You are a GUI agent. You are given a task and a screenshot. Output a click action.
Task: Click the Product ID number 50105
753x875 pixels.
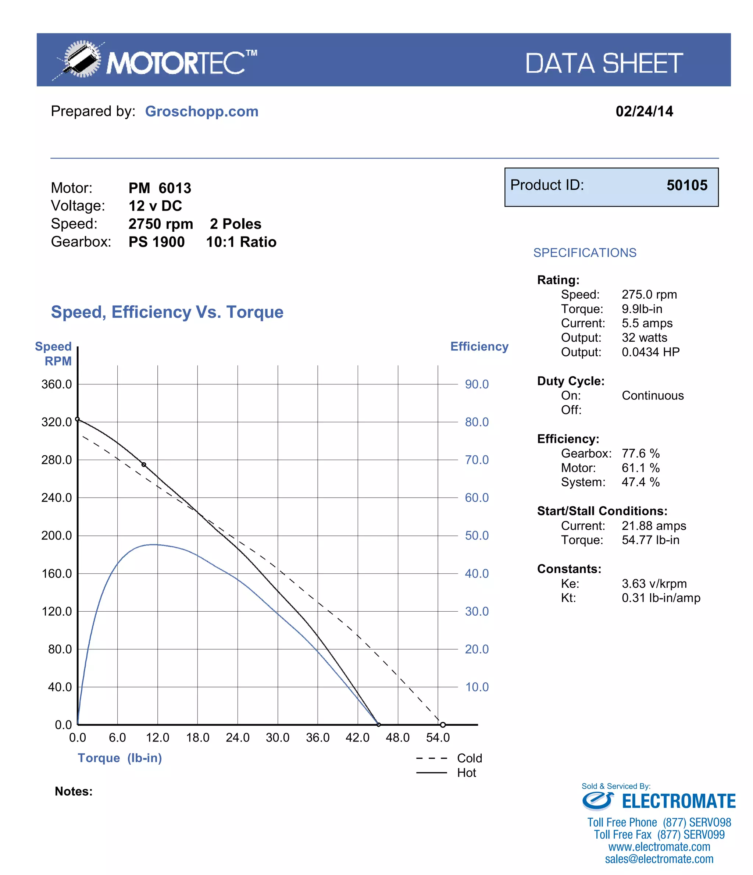686,185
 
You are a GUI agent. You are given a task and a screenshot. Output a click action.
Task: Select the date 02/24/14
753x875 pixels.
644,111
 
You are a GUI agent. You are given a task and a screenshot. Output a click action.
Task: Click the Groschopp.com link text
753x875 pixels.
201,111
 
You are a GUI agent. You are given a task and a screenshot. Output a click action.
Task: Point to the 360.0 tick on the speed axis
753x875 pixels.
57,384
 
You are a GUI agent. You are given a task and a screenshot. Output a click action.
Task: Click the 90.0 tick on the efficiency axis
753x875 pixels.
477,384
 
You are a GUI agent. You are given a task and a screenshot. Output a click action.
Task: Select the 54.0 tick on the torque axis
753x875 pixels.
438,737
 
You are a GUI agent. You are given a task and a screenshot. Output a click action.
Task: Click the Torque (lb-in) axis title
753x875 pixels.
119,758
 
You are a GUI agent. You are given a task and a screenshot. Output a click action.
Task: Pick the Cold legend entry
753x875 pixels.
469,758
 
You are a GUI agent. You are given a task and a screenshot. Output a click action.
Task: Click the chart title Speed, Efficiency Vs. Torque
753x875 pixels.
167,312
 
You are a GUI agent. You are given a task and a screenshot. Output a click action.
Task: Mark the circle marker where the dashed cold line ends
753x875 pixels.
443,725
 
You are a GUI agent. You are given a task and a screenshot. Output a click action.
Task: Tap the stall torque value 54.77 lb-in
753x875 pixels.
650,540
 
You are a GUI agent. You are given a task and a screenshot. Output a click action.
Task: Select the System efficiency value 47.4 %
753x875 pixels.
640,482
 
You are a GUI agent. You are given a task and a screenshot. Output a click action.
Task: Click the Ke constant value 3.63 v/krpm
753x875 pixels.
654,584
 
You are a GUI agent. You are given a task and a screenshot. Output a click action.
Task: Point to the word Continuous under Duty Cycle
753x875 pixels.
652,396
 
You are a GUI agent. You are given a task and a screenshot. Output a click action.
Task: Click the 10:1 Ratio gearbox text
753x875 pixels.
241,242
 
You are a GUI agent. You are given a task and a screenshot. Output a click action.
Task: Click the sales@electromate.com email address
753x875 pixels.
659,859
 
